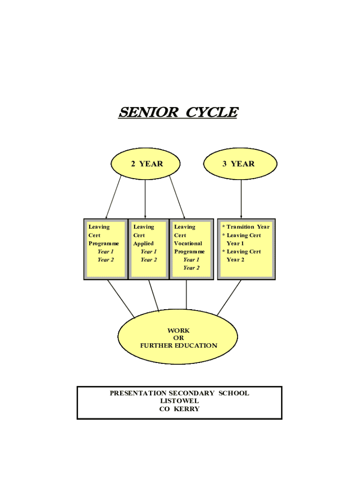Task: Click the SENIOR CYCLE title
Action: pos(178,113)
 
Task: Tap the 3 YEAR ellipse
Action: pos(241,164)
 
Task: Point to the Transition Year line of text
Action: pos(248,227)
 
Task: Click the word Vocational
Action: pos(188,243)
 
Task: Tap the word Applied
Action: pos(143,243)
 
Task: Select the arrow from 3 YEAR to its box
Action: pos(241,199)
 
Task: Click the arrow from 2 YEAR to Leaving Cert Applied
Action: pos(145,199)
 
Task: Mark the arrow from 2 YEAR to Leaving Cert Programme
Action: pos(114,199)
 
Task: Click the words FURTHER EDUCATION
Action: pos(179,346)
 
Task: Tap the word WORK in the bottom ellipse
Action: pos(179,330)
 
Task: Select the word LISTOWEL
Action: pos(180,401)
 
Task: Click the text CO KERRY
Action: pos(180,409)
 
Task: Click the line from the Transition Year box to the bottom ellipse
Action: pos(229,298)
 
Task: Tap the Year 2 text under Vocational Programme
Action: pos(191,268)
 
